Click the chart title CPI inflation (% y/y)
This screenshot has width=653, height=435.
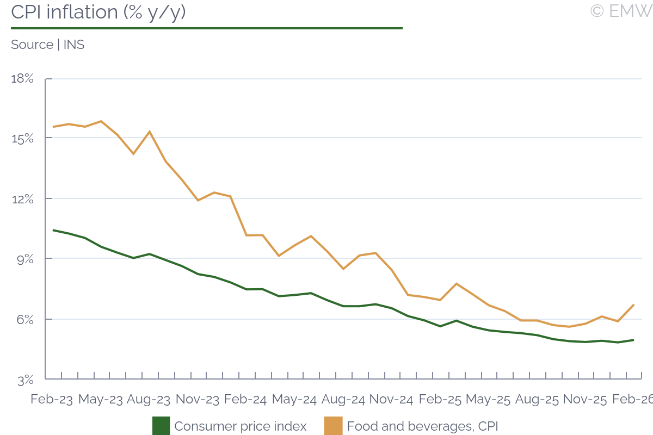98,12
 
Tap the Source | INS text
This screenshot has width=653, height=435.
48,45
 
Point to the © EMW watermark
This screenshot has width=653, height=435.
621,11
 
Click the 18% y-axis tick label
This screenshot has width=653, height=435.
22,79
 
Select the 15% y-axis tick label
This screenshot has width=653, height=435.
22,139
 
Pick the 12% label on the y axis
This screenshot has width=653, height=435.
22,199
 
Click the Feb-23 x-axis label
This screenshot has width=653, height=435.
52,399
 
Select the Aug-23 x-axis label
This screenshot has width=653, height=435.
149,399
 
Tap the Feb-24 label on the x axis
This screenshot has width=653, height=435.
245,399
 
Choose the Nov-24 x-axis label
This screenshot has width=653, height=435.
391,399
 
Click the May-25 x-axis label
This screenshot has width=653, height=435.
489,399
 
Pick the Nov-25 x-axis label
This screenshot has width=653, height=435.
585,399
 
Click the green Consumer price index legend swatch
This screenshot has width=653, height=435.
161,426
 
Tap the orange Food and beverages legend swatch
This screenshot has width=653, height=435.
333,426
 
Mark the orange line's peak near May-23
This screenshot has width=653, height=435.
101,121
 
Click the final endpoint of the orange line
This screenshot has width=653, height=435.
634,304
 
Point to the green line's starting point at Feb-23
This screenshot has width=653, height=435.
53,230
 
